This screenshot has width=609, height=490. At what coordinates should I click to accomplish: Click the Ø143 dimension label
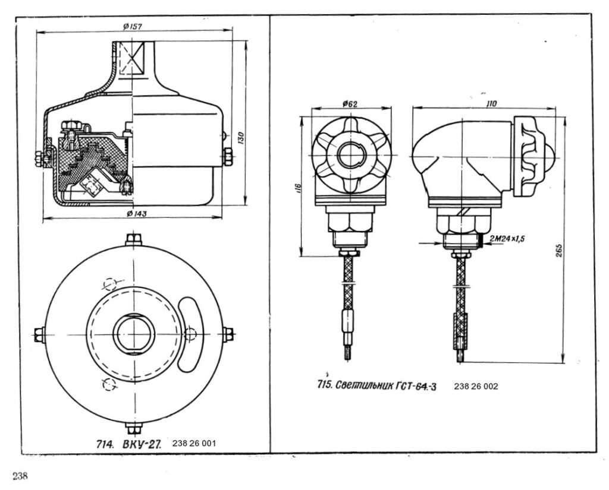click(137, 213)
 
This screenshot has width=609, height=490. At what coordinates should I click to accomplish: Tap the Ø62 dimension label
click(350, 104)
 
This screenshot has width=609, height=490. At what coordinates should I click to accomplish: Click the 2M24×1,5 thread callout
click(507, 239)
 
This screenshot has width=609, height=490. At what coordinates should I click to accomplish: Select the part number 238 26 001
click(194, 443)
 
